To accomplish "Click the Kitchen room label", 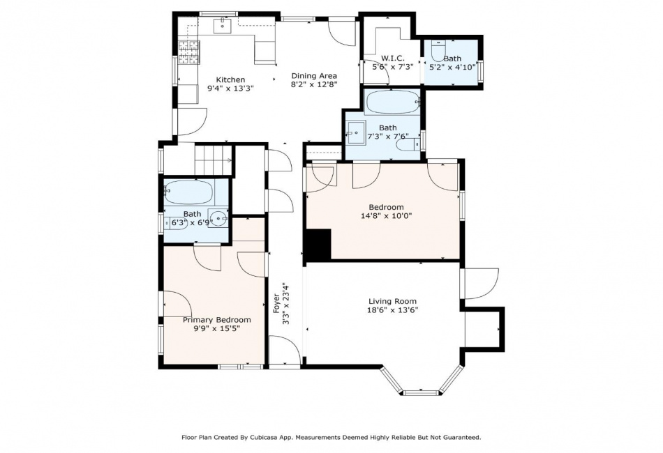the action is coord(230,79).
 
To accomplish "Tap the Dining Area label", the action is coord(314,76).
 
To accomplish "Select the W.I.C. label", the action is coord(393,59).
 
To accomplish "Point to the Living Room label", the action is coord(392,302).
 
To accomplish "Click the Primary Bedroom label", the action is coord(216,320).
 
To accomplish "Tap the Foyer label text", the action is coord(276,304).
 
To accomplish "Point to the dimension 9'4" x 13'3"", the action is coord(230,89).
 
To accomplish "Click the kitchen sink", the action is coord(223,25).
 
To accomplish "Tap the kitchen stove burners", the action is coord(188,52).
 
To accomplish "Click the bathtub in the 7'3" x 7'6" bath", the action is coord(392,102).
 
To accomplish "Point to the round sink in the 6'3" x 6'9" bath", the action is coord(218,218).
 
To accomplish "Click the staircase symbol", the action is coord(213,160).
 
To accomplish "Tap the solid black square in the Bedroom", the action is coord(318,245).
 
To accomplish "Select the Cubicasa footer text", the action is coord(331,438).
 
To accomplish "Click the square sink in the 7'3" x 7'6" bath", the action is coord(356,133).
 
